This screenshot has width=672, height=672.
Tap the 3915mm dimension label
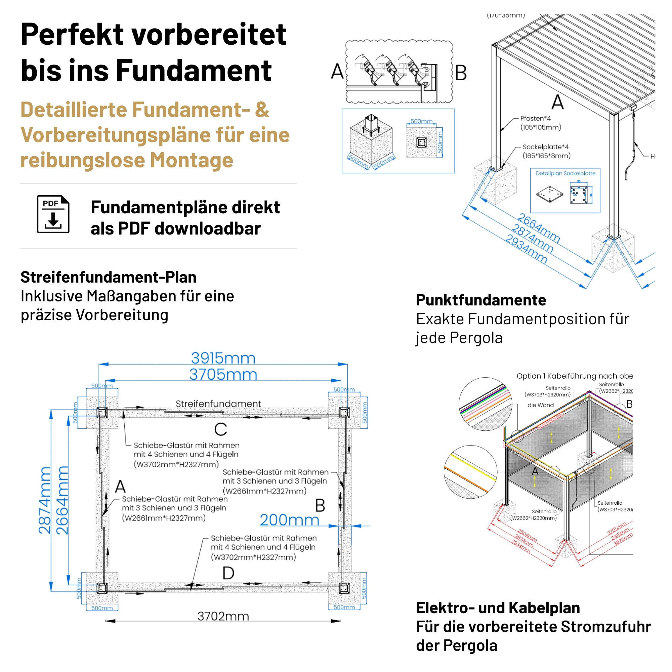[223, 358]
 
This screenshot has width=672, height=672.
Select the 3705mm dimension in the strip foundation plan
[223, 375]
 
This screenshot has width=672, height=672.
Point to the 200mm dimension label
[289, 520]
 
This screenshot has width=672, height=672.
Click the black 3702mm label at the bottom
[223, 616]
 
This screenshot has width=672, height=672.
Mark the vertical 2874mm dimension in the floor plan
[45, 501]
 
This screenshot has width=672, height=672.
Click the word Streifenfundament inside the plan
[218, 404]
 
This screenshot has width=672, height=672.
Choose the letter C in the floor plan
[220, 429]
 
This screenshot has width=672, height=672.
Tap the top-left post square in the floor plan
[102, 413]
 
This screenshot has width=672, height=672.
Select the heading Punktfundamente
[481, 300]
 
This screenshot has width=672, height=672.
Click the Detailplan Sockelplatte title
[565, 173]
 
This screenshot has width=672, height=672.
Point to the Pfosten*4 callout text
[536, 119]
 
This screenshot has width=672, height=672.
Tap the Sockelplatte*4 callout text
[545, 147]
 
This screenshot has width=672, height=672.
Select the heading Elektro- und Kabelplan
[498, 607]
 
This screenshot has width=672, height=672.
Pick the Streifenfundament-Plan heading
[109, 277]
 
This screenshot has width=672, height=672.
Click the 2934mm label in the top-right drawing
[526, 249]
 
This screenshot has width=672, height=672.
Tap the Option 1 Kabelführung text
[574, 376]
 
